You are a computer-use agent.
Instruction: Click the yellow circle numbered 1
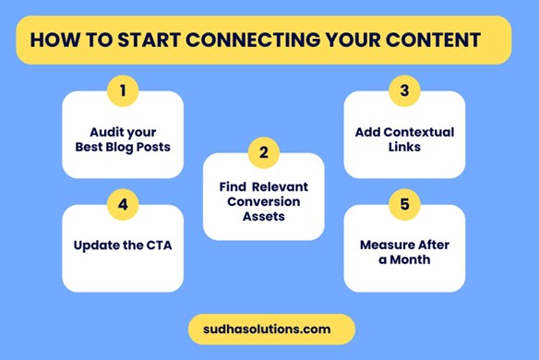click(x=123, y=90)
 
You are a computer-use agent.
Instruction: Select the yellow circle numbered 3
click(x=404, y=90)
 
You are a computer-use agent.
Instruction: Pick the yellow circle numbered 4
click(x=123, y=205)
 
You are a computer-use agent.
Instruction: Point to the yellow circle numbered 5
click(x=404, y=205)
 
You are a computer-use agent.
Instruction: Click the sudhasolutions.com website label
click(x=263, y=329)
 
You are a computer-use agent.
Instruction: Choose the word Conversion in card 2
click(x=263, y=201)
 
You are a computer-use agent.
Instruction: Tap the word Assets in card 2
click(x=263, y=217)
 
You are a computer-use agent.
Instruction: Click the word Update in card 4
click(x=95, y=246)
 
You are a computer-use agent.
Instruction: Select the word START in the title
click(x=147, y=41)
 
